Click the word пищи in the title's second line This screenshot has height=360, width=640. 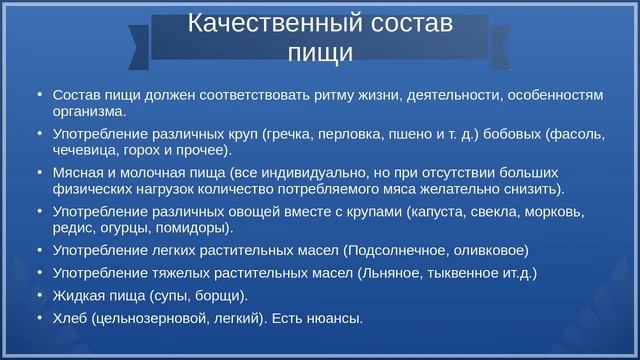pos(320,51)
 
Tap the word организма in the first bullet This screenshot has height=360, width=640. pos(88,111)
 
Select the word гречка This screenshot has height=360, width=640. pos(290,133)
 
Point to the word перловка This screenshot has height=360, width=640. pos(351,133)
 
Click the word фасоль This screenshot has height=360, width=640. pos(577,133)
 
